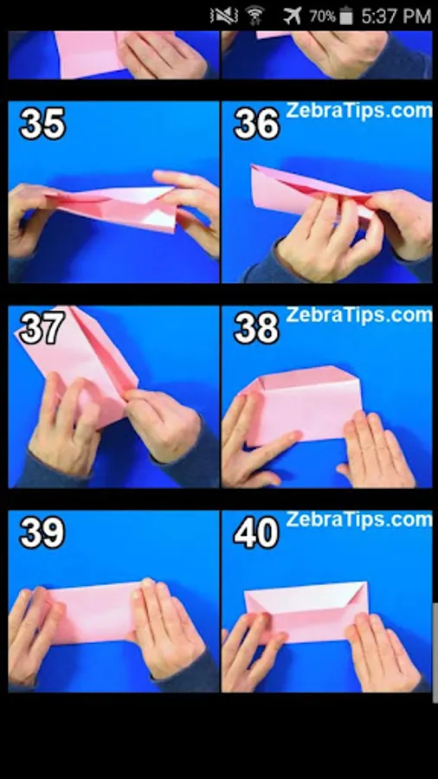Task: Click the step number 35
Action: [x=42, y=124]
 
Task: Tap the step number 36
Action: [x=256, y=124]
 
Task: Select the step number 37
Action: [x=42, y=328]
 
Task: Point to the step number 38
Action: [x=256, y=328]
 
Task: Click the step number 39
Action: [x=42, y=532]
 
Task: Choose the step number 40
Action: [x=256, y=532]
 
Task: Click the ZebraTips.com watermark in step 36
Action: [x=358, y=110]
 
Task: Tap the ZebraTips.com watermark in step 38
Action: [x=358, y=315]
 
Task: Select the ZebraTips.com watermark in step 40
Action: [x=358, y=519]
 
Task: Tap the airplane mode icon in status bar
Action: [x=293, y=16]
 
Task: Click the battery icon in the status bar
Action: [x=346, y=16]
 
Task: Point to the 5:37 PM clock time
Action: [x=396, y=16]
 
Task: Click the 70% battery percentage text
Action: [x=322, y=16]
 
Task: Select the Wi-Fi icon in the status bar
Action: [x=255, y=16]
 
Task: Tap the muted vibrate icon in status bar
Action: [x=224, y=16]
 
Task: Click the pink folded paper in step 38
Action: [x=301, y=405]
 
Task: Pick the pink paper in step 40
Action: [x=306, y=612]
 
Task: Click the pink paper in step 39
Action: [x=93, y=612]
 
